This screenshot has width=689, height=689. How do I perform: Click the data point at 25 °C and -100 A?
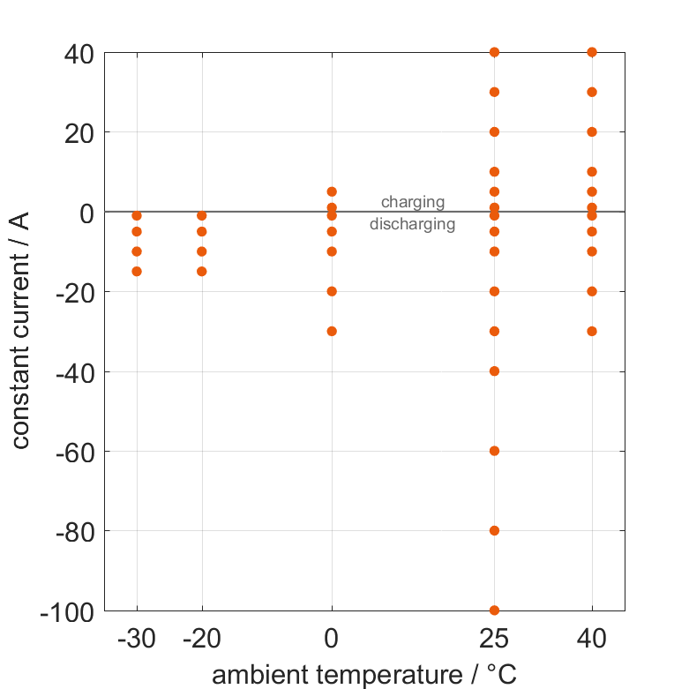click(494, 610)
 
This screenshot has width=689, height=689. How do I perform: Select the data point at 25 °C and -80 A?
click(494, 531)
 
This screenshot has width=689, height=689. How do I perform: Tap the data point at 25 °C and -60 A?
click(494, 451)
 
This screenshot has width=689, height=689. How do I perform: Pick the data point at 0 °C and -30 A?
click(332, 332)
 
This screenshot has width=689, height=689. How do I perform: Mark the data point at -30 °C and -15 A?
click(137, 272)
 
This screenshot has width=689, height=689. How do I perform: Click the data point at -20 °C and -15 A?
click(202, 272)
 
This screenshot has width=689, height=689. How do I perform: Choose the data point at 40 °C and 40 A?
click(592, 52)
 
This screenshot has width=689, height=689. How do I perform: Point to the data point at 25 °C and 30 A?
click(494, 92)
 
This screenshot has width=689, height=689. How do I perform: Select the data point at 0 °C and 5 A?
click(332, 191)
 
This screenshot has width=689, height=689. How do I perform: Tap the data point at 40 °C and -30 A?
click(592, 332)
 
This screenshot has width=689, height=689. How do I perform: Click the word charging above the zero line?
click(413, 203)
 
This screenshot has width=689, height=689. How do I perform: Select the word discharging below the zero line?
click(413, 224)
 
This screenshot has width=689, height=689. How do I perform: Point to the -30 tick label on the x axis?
click(137, 640)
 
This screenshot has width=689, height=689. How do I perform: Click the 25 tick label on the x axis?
click(494, 640)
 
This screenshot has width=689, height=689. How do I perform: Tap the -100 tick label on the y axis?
click(67, 611)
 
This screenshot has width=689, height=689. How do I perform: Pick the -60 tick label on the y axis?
click(74, 452)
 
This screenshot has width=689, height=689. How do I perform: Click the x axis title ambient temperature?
click(363, 675)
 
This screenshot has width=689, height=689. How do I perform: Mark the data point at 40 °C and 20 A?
click(592, 131)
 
